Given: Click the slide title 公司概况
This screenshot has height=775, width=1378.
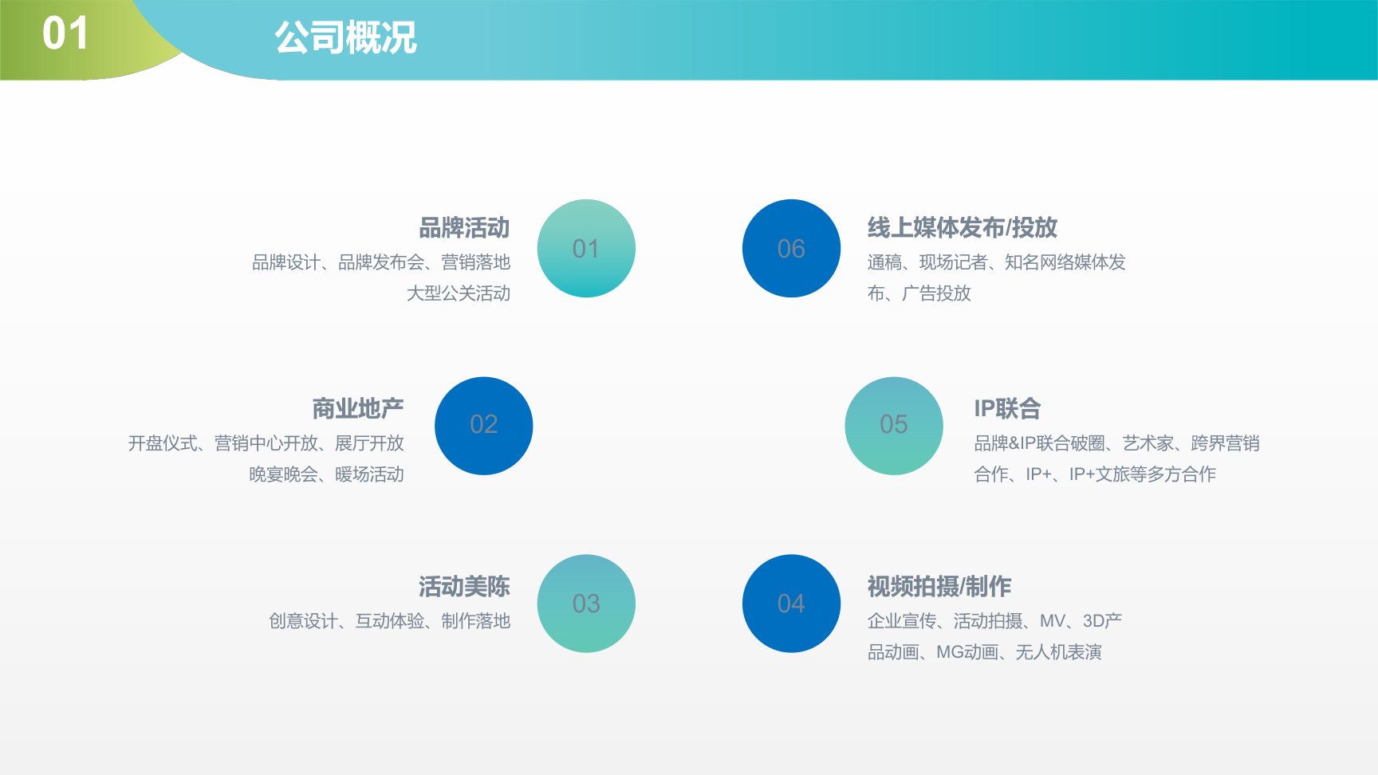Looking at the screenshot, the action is tap(345, 37).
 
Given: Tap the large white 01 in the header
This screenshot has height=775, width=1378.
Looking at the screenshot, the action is tap(65, 33).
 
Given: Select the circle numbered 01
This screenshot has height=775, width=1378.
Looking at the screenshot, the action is tap(586, 248).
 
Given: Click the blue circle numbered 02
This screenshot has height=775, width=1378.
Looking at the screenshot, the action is tap(483, 426).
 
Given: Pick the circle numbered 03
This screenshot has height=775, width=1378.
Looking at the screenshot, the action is tap(586, 604).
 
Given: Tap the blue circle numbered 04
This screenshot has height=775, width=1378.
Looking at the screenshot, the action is tap(791, 604).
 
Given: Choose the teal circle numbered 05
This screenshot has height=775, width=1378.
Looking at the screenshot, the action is tap(894, 426).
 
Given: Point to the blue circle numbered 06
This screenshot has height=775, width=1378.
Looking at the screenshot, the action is tap(791, 248).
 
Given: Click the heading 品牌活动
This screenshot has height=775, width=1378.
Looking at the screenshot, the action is tap(464, 228).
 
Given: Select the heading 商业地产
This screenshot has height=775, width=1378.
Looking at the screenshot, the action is tap(358, 409).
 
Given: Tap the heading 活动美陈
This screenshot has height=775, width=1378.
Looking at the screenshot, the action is tap(464, 587).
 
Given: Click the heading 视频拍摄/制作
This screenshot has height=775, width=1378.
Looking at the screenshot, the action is tap(939, 587).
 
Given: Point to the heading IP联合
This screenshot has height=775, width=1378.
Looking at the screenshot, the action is tap(1007, 409).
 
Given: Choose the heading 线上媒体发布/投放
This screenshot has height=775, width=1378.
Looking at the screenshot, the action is tap(963, 228).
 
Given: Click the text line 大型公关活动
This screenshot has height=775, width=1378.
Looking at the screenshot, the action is tap(459, 293).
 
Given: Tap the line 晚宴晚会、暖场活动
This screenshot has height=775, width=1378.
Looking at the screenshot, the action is tap(327, 474).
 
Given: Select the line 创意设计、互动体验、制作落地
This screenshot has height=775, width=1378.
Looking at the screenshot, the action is tap(390, 621).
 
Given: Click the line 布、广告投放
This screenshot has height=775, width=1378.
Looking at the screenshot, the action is tap(919, 293).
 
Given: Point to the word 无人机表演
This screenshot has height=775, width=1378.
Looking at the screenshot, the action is tap(1059, 652).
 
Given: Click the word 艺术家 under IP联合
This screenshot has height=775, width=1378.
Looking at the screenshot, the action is tap(1148, 443).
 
